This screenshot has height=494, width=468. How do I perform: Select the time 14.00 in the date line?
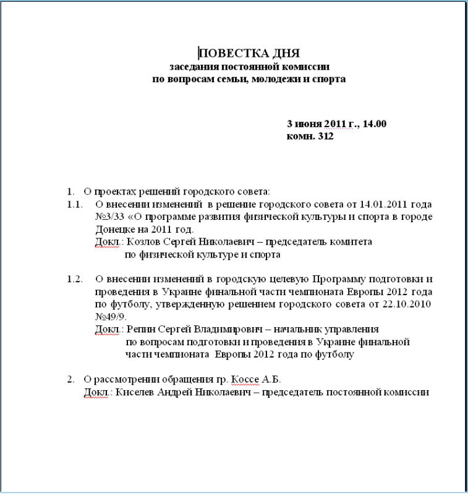point(374,124)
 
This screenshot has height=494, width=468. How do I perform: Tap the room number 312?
point(325,136)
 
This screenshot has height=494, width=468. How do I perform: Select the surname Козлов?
point(152,242)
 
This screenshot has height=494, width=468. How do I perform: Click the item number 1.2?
point(75,279)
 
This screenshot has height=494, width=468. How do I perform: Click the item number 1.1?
point(75,204)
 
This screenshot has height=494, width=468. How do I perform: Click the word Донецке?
point(115,229)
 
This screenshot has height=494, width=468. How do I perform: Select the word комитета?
point(351,242)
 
